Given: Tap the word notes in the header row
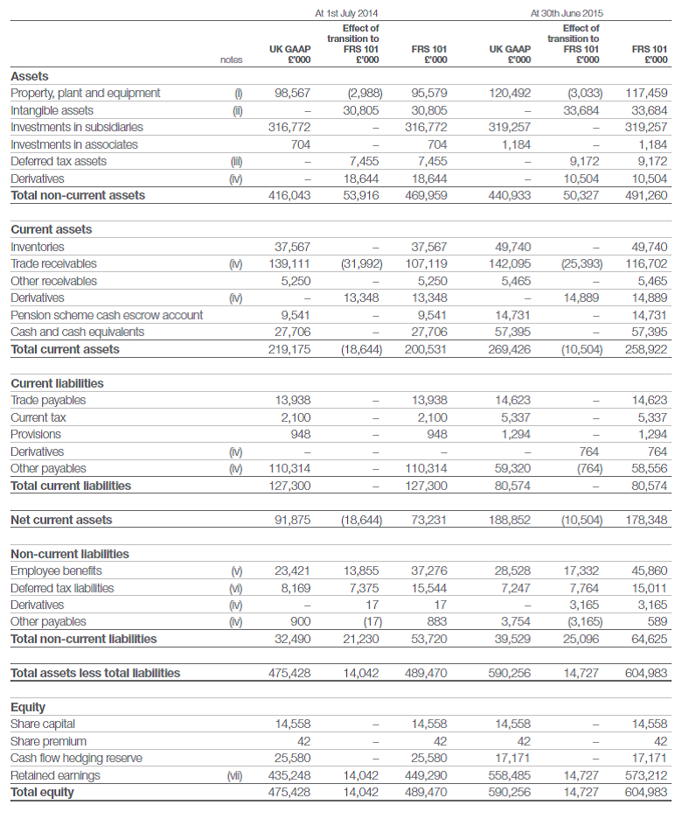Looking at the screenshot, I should click(232, 59).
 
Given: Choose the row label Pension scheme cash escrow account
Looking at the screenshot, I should click(107, 315).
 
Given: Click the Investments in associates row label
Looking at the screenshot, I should click(74, 144).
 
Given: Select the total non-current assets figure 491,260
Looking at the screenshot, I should click(647, 195).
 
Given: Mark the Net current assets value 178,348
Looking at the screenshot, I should click(647, 520).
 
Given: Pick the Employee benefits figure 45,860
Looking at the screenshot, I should click(647, 570).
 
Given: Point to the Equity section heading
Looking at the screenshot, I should click(28, 707).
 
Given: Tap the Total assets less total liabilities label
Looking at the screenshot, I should click(95, 673).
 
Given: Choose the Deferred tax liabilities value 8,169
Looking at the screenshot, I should click(295, 588).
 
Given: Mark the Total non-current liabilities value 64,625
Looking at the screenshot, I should click(647, 639).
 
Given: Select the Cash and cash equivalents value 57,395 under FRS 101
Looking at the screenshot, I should click(647, 332).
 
